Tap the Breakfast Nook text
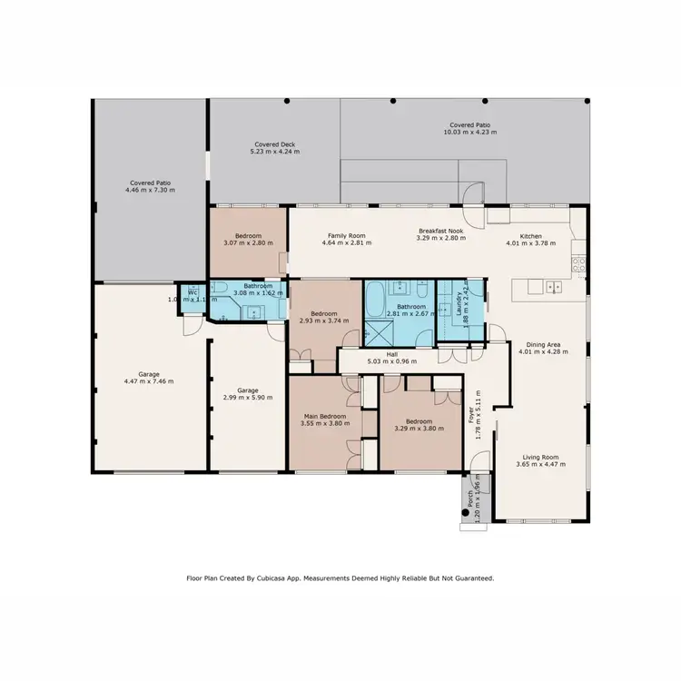(441, 231)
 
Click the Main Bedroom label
(324, 417)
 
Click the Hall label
(392, 354)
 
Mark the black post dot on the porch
(466, 512)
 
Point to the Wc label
(192, 291)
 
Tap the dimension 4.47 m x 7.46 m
(149, 381)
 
